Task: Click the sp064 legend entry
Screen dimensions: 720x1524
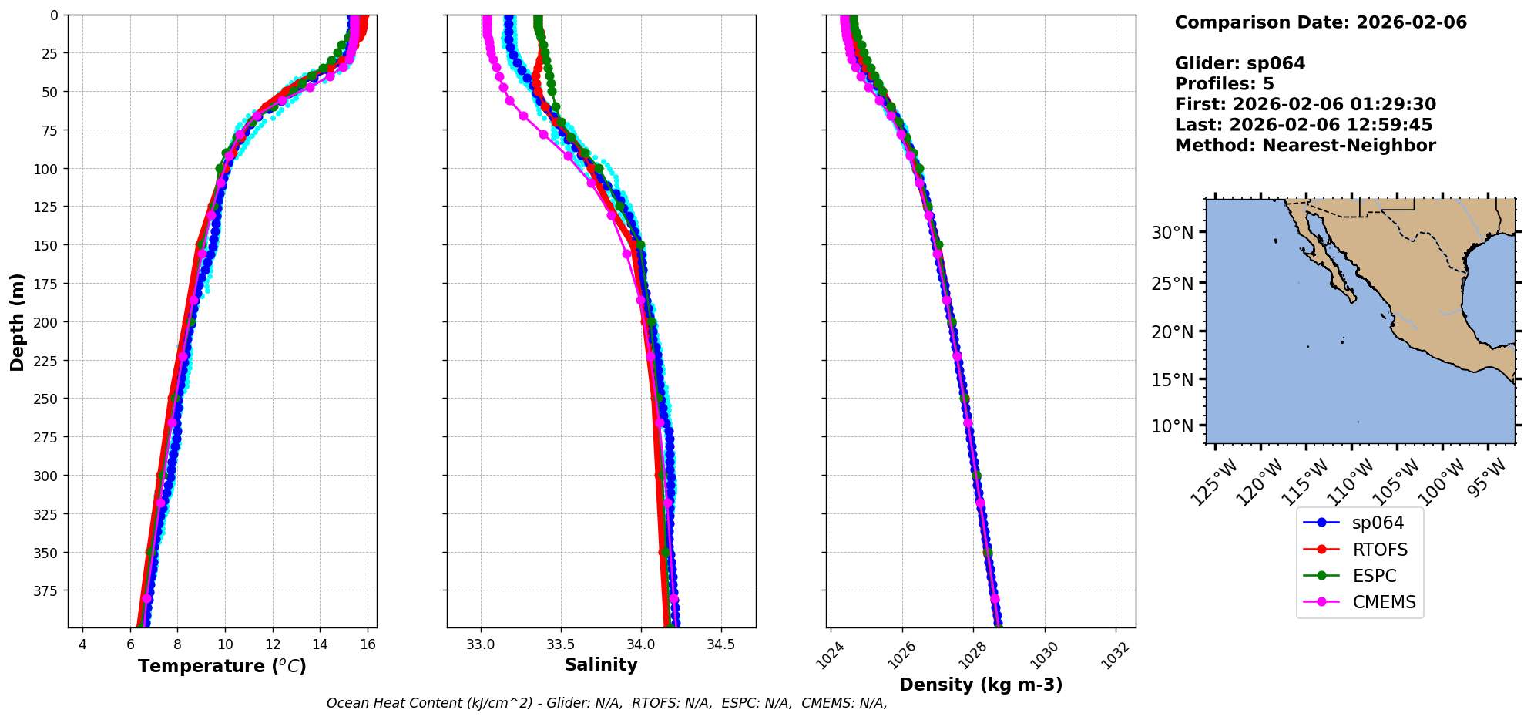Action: pos(1377,523)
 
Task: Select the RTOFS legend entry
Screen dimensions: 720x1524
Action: pos(1379,550)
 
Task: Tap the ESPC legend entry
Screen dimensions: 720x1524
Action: pos(1374,576)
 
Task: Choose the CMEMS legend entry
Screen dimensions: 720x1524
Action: pos(1384,602)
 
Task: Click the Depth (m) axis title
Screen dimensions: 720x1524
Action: pos(17,321)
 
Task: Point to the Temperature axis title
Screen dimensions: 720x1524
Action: pos(222,666)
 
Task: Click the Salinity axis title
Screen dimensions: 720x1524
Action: pos(601,664)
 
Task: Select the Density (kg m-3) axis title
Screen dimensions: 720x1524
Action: pos(981,685)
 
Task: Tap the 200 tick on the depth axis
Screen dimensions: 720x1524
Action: pos(47,322)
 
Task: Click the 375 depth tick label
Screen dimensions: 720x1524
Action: pos(47,590)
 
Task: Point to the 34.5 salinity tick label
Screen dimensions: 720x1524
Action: pos(720,644)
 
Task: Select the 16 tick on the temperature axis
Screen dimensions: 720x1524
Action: pos(368,644)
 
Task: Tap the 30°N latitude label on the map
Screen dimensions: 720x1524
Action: pos(1172,233)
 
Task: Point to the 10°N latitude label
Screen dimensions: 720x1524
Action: pos(1172,426)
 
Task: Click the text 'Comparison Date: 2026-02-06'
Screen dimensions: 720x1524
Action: pos(1321,22)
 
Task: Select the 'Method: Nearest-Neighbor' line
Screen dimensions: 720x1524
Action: pos(1305,146)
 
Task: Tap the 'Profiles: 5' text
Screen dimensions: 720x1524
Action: pos(1224,84)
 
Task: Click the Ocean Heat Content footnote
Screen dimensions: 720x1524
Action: pos(606,703)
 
